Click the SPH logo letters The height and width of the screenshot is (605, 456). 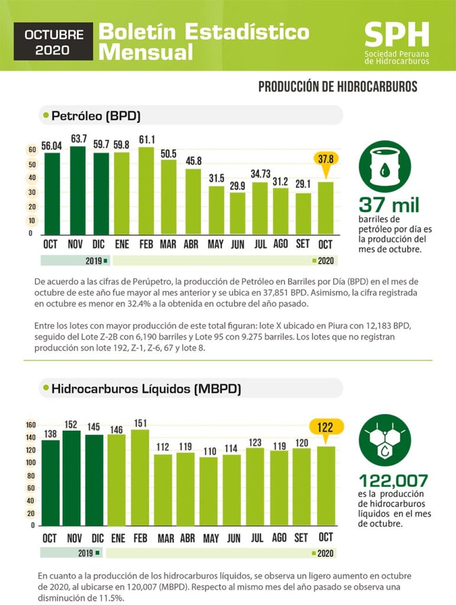tap(396, 35)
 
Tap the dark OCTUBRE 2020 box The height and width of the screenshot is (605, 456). tap(54, 41)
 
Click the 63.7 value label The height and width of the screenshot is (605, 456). tap(78, 139)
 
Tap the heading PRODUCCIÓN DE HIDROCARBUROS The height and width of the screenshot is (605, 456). tap(338, 87)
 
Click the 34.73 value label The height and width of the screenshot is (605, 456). tap(260, 174)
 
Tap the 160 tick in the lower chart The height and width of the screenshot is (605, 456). tap(31, 425)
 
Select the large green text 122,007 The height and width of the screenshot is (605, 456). tap(393, 481)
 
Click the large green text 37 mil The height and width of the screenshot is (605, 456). tap(389, 206)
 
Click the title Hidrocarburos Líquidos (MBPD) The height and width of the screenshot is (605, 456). tap(146, 389)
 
